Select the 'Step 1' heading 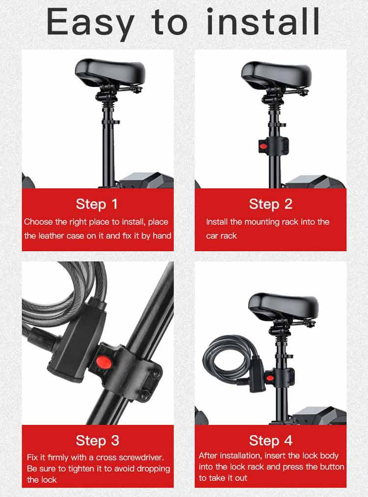[x=97, y=204]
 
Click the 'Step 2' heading [x=271, y=204]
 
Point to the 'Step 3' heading [x=97, y=441]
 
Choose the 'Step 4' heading [x=271, y=441]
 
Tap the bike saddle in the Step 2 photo [x=276, y=75]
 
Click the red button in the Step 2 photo [x=263, y=147]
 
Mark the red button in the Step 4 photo [x=270, y=377]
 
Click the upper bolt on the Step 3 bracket [x=156, y=375]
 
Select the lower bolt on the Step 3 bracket [x=145, y=395]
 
